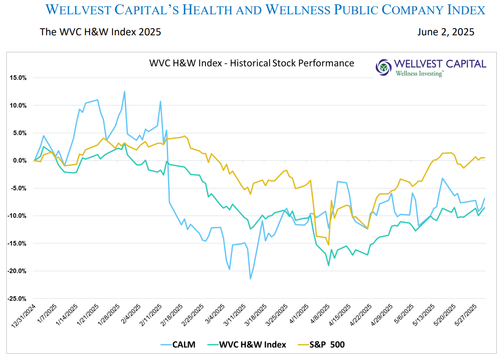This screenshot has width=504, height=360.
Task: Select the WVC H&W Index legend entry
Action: (x=252, y=344)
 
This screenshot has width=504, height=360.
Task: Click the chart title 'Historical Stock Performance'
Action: (x=252, y=63)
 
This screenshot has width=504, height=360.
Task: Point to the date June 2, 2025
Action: (x=445, y=32)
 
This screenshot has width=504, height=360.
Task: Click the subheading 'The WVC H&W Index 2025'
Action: (x=100, y=32)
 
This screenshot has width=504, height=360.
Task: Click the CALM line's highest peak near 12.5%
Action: (x=125, y=92)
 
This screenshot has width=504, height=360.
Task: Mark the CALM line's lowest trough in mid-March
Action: (x=250, y=279)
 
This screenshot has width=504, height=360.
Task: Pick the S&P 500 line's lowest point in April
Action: (x=328, y=245)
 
